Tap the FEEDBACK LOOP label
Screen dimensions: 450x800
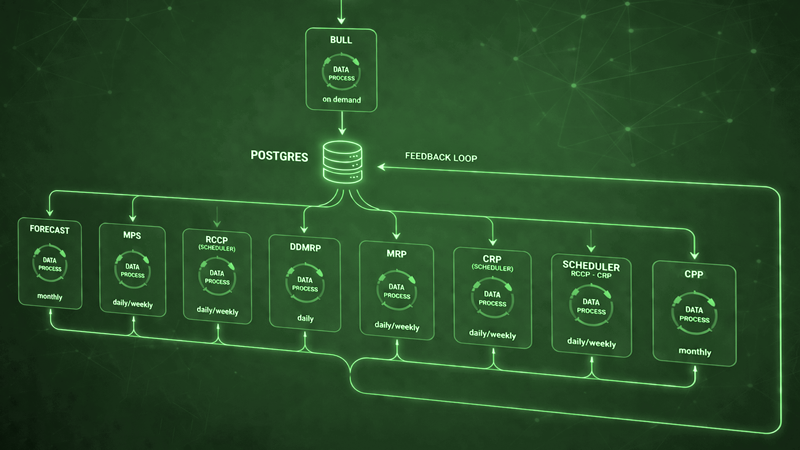pyautogui.click(x=441, y=157)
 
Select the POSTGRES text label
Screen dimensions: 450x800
pyautogui.click(x=279, y=156)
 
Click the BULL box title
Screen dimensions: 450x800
pyautogui.click(x=341, y=40)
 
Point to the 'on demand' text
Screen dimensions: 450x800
pyautogui.click(x=342, y=100)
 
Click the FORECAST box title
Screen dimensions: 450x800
pyautogui.click(x=49, y=229)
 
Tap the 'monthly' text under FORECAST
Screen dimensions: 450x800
pyautogui.click(x=50, y=296)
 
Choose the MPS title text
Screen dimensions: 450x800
pyautogui.click(x=132, y=235)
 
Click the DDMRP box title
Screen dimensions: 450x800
pyautogui.click(x=305, y=247)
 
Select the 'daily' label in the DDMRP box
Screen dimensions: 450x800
pyautogui.click(x=305, y=318)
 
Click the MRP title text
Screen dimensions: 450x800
pyautogui.click(x=396, y=254)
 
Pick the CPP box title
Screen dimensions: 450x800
pyautogui.click(x=694, y=274)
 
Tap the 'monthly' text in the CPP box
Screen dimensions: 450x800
pyautogui.click(x=695, y=352)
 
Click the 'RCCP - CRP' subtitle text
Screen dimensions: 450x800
pyautogui.click(x=591, y=275)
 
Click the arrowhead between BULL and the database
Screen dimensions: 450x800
pyautogui.click(x=342, y=131)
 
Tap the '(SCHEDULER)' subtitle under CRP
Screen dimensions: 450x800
pyautogui.click(x=492, y=268)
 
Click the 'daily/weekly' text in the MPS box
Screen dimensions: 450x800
pyautogui.click(x=133, y=304)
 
